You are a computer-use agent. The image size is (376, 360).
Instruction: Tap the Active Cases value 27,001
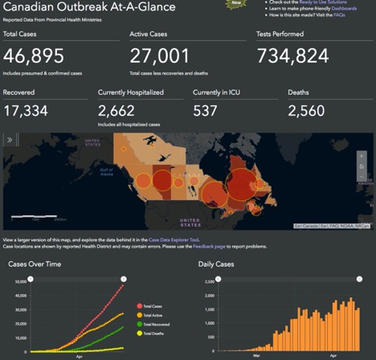pyautogui.click(x=159, y=55)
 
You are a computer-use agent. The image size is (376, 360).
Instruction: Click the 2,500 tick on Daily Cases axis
pyautogui.click(x=206, y=283)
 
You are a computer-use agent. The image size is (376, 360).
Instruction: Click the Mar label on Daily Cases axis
pyautogui.click(x=256, y=354)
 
